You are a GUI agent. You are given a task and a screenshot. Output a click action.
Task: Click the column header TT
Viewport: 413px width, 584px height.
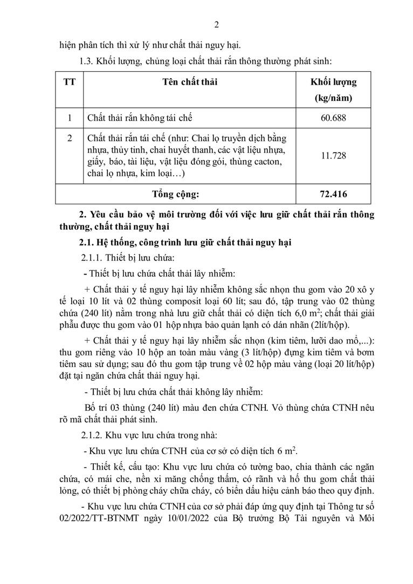[69, 83]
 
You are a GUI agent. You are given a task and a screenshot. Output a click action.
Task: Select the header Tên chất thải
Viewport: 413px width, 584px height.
[190, 83]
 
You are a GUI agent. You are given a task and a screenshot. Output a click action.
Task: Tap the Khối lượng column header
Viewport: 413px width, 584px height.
[333, 83]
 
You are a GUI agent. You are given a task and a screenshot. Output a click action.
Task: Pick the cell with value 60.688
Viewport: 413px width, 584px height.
[333, 117]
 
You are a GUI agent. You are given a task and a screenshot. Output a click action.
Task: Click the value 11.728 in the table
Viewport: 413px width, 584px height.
[333, 155]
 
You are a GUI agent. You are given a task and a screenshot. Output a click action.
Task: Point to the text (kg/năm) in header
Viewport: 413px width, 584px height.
[333, 99]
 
